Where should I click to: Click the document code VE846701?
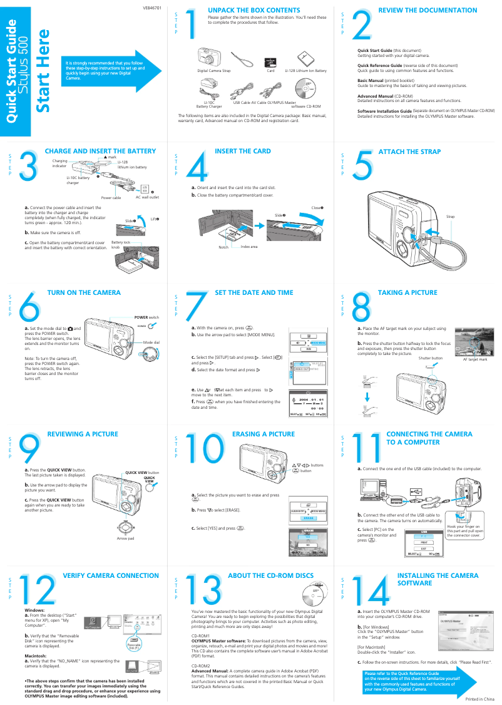coord(151,8)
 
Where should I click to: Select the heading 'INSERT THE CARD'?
coord(242,152)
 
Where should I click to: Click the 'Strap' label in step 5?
coord(450,217)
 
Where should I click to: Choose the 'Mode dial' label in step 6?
coord(151,342)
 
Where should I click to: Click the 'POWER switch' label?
coord(146,317)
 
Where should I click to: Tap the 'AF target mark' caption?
coord(474,359)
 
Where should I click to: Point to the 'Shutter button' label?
coord(430,358)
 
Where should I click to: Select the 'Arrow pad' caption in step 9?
coord(126,538)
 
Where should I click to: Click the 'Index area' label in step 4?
coord(249,247)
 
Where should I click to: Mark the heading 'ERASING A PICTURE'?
coord(263,434)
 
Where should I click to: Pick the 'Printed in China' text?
coord(479,698)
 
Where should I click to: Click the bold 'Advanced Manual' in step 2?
coord(376,96)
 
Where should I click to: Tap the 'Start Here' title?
coord(43,71)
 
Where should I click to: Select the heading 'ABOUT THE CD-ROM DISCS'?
coord(270,575)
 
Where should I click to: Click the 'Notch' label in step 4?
coord(223,247)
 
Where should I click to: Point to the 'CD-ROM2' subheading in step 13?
coord(200,666)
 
